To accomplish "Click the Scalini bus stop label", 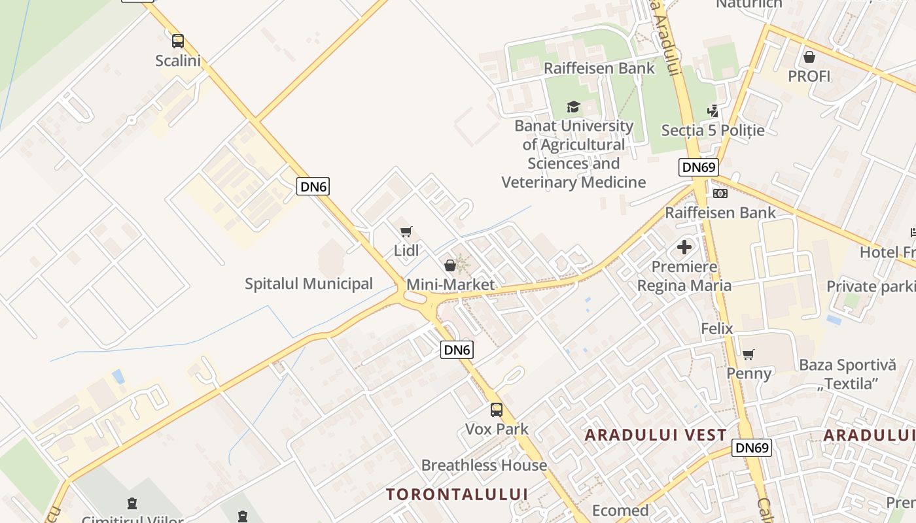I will click(178, 61).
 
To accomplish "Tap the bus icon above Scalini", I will click(178, 41).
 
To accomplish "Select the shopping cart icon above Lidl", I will click(406, 232).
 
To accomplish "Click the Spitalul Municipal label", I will click(309, 284).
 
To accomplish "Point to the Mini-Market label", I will click(451, 285).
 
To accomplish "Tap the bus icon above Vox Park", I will click(497, 410).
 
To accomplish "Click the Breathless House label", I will click(484, 465).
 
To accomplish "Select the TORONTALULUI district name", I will click(457, 494).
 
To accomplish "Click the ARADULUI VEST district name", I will click(656, 435).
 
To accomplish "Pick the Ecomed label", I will click(620, 510).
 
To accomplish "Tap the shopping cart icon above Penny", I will click(749, 354).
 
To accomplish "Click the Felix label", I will click(717, 328).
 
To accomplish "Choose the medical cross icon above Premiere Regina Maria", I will click(684, 247).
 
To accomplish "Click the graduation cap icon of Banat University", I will click(574, 107).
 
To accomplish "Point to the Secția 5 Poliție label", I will click(713, 130).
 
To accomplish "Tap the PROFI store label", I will click(809, 76).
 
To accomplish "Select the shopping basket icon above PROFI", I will click(809, 57).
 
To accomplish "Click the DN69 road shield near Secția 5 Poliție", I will click(698, 167).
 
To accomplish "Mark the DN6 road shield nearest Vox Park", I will click(457, 350).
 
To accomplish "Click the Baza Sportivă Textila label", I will click(847, 374).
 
